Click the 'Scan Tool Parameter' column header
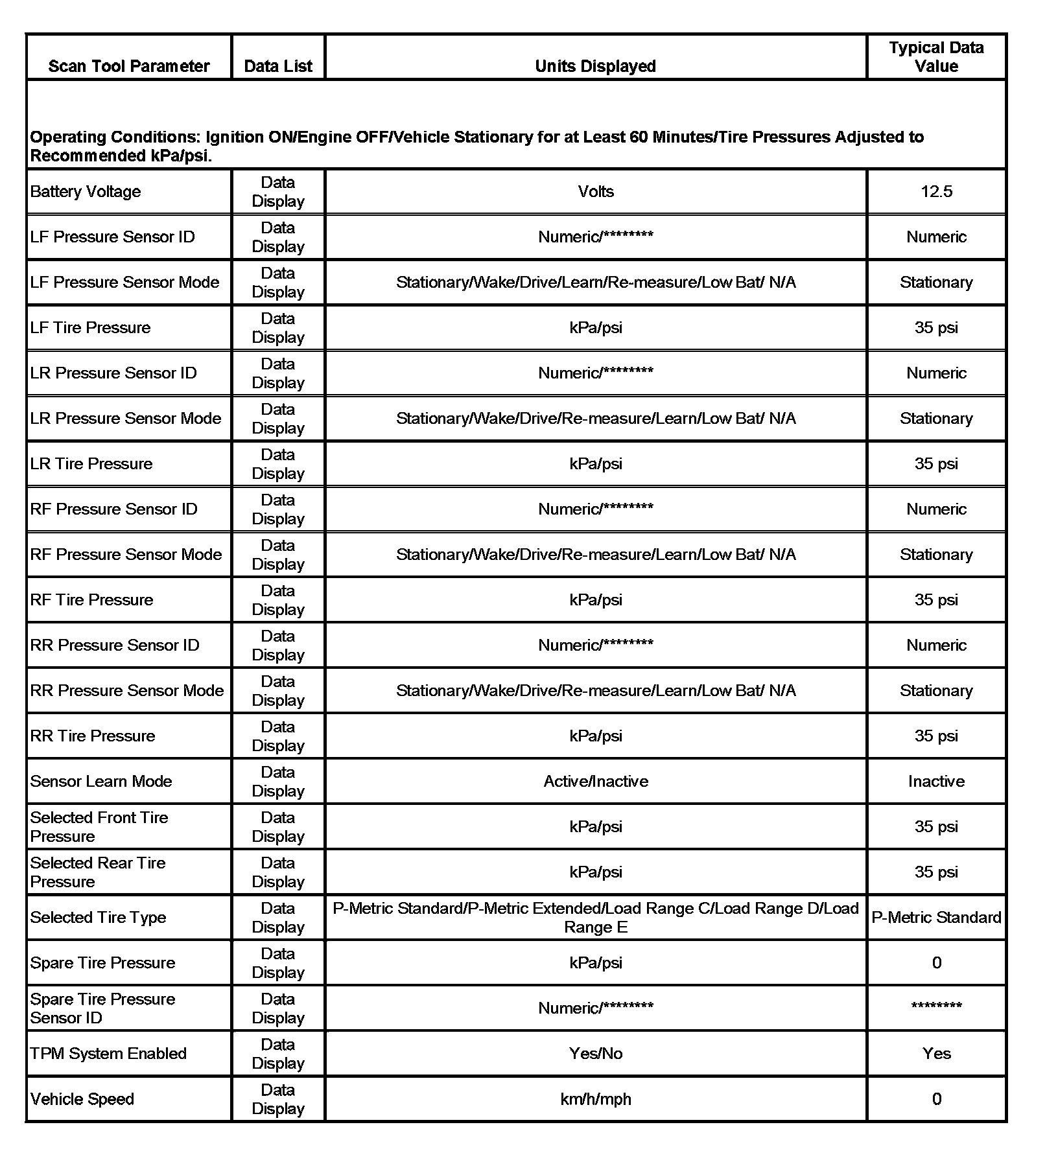click(128, 66)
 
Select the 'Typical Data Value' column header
click(936, 57)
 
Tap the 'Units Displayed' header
click(595, 66)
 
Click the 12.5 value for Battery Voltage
click(936, 192)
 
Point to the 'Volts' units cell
click(595, 192)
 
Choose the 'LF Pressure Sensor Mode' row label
click(124, 283)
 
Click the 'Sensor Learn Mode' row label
click(101, 782)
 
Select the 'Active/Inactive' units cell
click(595, 782)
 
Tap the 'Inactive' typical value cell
click(936, 782)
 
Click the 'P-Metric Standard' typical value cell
click(936, 918)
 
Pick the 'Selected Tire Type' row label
click(98, 918)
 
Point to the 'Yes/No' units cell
click(595, 1054)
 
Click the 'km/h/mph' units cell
click(595, 1099)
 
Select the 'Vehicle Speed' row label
click(82, 1099)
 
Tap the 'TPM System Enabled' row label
click(108, 1054)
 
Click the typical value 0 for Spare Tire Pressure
click(936, 963)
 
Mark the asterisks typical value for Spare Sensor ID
click(936, 1006)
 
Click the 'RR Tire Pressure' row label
click(93, 736)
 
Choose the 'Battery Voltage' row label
click(86, 192)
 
